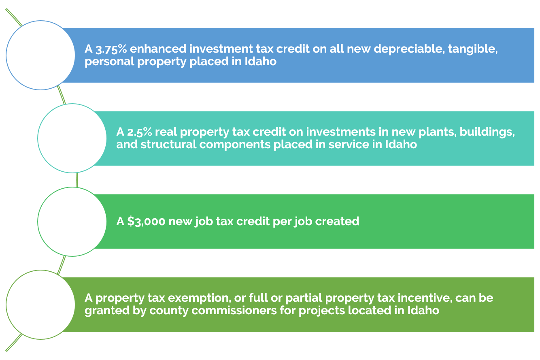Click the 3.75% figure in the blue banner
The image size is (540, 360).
point(111,49)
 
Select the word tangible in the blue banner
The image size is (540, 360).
point(473,49)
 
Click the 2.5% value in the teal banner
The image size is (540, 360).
point(140,132)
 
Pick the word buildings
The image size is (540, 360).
point(487,132)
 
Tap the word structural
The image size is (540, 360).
point(168,145)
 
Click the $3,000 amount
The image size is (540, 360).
point(146,222)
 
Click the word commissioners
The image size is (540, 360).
point(234,310)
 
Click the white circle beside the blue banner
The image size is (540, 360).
point(40,55)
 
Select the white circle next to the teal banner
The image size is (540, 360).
point(72,138)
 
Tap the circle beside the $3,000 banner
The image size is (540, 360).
point(72,222)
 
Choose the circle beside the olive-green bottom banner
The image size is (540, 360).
point(40,305)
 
